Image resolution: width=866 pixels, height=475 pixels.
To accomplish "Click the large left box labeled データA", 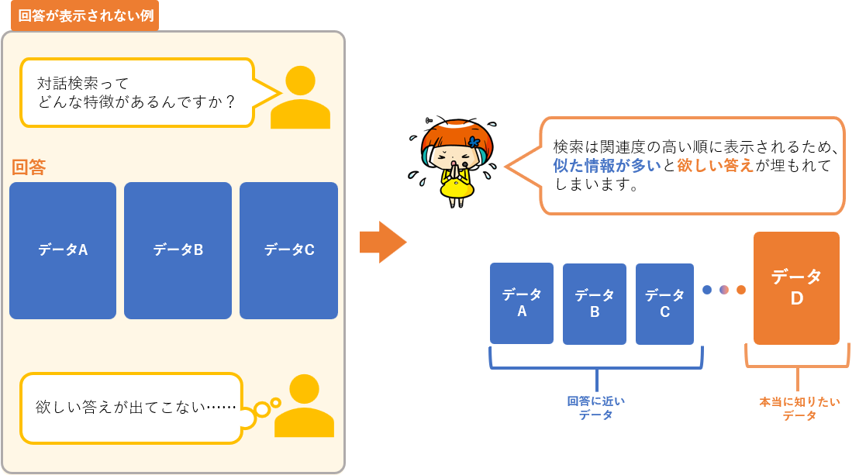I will [63, 250].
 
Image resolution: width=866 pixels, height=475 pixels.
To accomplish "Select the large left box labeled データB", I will [178, 250].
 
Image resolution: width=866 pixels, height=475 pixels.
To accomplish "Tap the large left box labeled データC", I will [288, 250].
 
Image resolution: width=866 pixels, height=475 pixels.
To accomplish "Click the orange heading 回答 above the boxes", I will [29, 167].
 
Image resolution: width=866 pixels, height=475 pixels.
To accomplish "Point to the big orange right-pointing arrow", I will [383, 242].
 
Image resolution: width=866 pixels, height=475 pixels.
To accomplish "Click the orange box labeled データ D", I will [796, 287].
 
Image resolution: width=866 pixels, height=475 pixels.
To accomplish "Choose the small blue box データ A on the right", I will [522, 303].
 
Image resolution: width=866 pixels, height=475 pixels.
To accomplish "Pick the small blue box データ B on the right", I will [595, 304].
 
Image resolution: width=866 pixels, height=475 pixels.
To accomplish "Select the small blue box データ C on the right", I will [664, 303].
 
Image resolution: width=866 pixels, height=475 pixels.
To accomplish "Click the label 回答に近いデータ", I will [595, 408].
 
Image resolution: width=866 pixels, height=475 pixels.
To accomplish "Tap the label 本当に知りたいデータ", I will [799, 408].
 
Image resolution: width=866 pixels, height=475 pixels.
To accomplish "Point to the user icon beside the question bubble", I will [300, 98].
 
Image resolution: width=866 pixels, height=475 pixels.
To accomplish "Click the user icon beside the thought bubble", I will [304, 406].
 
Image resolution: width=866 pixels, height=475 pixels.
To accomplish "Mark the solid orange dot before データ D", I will [741, 290].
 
